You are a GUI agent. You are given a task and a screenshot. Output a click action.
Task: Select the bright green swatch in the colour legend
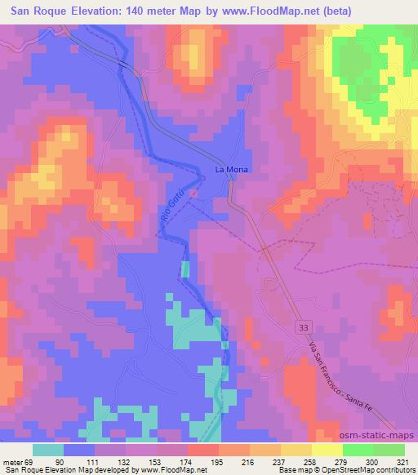tap(358, 449)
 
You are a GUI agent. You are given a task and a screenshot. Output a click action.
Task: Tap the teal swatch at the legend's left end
tap(48, 449)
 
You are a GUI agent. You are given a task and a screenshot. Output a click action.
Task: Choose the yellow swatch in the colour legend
tap(327, 449)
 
